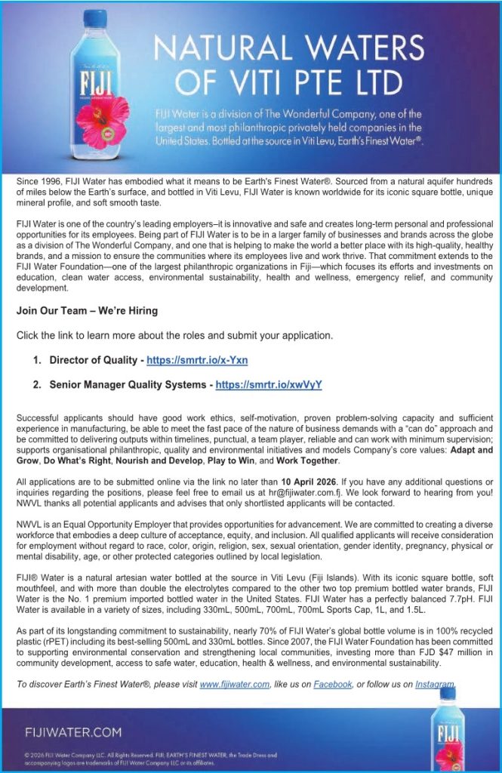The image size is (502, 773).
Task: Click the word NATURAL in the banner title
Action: pos(227,49)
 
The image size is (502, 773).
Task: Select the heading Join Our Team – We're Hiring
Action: pos(87,310)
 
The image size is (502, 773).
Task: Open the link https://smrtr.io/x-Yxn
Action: pos(197,360)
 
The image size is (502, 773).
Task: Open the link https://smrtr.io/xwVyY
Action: pos(269,384)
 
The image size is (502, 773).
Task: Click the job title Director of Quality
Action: pos(93,360)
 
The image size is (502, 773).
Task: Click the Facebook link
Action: pos(332,685)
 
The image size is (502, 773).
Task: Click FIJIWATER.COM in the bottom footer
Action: pos(72,731)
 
